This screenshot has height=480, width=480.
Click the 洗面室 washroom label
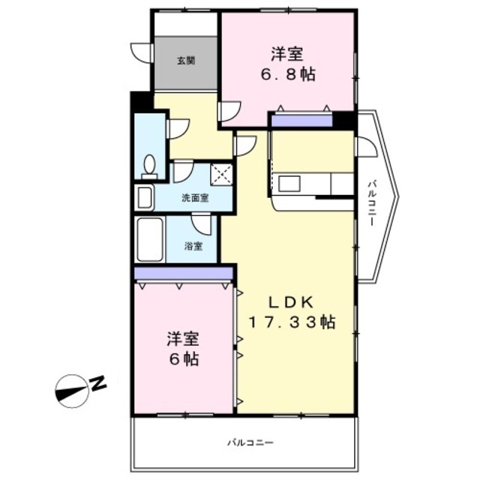(195, 199)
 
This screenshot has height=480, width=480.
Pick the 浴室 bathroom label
(194, 246)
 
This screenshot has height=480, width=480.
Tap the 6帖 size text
(183, 359)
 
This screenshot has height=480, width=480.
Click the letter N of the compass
(99, 384)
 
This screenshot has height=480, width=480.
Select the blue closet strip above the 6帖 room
(184, 274)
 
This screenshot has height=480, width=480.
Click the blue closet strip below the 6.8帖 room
(301, 120)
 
